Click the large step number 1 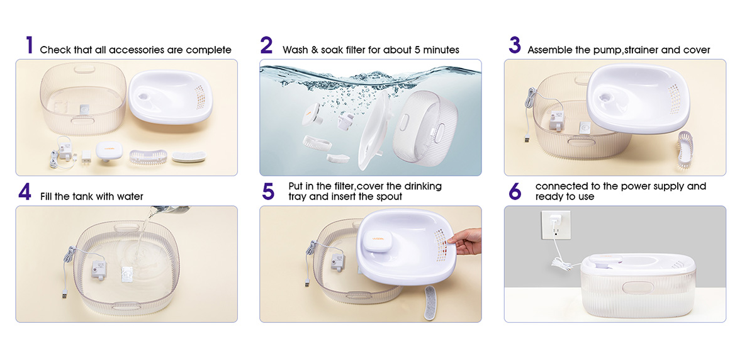click(30, 45)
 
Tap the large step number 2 click(266, 45)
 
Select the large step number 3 click(514, 45)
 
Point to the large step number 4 click(25, 192)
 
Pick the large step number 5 click(268, 192)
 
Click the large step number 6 click(515, 192)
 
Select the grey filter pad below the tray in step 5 click(432, 302)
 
